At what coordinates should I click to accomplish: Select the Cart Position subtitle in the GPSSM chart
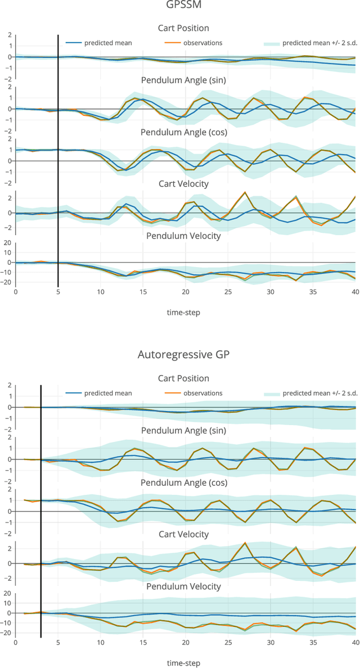[x=183, y=28]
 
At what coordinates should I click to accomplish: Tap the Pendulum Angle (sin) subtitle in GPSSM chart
[x=183, y=80]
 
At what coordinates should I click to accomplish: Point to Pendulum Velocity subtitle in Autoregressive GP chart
[x=183, y=586]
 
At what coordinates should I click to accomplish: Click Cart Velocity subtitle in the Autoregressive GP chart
[x=183, y=534]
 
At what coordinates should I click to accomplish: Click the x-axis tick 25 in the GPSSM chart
[x=228, y=292]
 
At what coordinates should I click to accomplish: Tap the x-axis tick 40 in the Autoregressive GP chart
[x=355, y=643]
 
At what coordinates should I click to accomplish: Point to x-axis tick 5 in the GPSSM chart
[x=58, y=292]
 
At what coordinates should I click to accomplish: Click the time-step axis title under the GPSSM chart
[x=183, y=312]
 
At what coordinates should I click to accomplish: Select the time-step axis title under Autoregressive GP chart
[x=183, y=662]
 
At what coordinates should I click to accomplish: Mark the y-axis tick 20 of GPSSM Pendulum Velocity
[x=8, y=243]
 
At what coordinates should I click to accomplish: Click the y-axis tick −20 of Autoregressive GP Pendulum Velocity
[x=7, y=633]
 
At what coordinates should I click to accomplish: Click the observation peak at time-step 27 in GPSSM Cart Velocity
[x=245, y=192]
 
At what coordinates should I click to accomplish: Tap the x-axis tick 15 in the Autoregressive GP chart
[x=143, y=643]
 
